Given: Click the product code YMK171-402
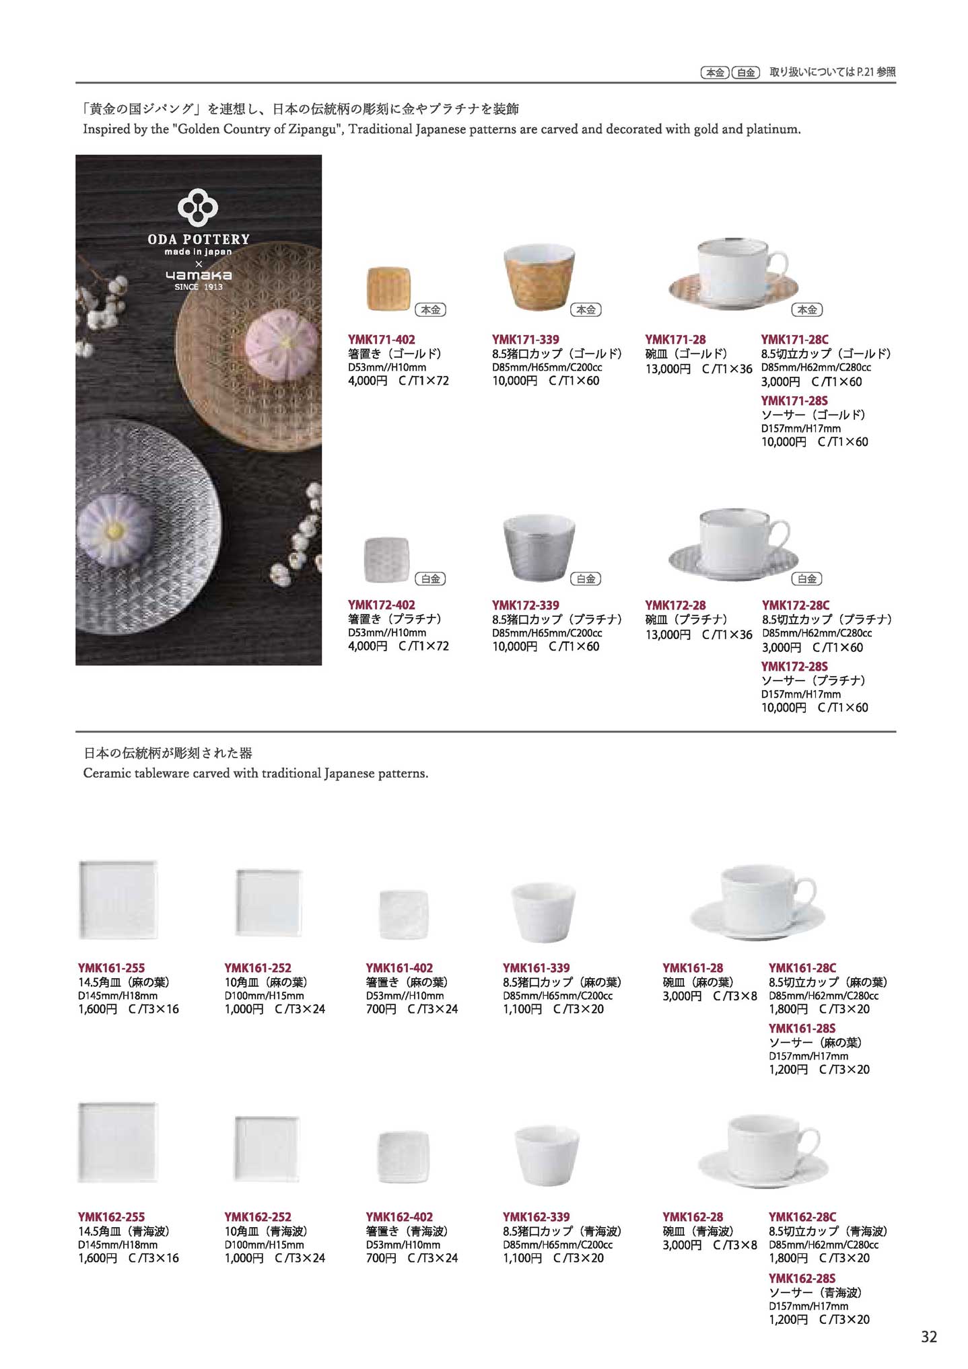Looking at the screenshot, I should click(381, 340).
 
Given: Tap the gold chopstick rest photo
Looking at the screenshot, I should click(388, 289).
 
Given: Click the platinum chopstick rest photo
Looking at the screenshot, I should click(386, 560).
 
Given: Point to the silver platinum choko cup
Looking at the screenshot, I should click(539, 547).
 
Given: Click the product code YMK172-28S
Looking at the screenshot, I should click(794, 667).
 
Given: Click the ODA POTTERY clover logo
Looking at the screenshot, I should click(198, 207).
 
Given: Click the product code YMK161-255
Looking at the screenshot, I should click(111, 968).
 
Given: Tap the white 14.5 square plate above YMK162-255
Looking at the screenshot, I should click(118, 1142).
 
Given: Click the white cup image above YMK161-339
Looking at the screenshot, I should click(543, 912).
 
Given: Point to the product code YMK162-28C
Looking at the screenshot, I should click(802, 1217).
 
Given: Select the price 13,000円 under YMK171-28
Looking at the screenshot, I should click(668, 369).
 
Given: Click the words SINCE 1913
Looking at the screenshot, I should click(198, 287).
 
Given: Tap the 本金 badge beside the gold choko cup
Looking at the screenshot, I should click(586, 309).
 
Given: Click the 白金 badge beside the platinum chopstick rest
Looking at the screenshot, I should click(430, 579).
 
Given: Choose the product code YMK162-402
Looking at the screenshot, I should click(399, 1217).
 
